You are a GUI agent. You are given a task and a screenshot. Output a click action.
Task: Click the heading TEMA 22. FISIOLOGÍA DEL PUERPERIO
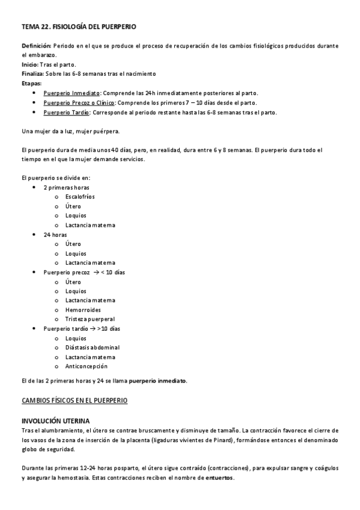pyautogui.click(x=78, y=27)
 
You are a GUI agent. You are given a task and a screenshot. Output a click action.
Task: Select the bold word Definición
pyautogui.click(x=36, y=46)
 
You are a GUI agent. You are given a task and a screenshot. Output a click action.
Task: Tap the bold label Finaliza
pyautogui.click(x=33, y=74)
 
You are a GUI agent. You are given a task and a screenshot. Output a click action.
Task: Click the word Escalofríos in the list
pyautogui.click(x=80, y=197)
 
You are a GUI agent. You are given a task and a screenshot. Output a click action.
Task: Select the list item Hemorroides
pyautogui.click(x=83, y=310)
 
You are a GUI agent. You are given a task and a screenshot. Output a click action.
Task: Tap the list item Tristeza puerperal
pyautogui.click(x=90, y=319)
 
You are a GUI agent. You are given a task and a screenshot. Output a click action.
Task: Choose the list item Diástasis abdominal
pyautogui.click(x=93, y=348)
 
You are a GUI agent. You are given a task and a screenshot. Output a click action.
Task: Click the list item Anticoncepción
pyautogui.click(x=87, y=366)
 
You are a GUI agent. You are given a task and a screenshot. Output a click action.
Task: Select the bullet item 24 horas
pyautogui.click(x=55, y=235)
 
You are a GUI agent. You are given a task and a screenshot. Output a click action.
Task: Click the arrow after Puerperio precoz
pyautogui.click(x=95, y=272)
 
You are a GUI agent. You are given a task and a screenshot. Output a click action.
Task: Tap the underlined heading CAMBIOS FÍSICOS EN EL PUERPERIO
pyautogui.click(x=74, y=400)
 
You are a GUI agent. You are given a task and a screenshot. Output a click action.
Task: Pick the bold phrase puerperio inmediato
pyautogui.click(x=157, y=380)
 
